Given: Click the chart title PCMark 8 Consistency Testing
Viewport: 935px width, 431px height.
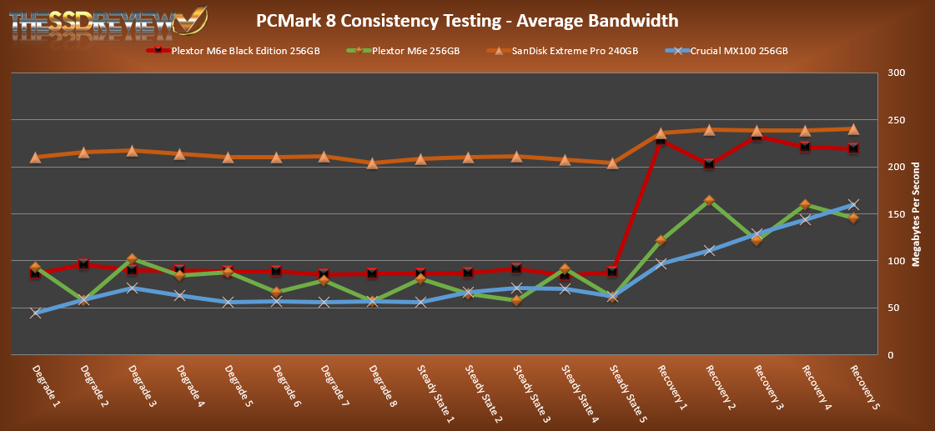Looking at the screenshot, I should (466, 20).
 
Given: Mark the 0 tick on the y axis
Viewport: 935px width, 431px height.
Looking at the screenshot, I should (892, 355).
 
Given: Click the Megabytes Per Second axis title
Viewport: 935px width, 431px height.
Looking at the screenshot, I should (917, 214).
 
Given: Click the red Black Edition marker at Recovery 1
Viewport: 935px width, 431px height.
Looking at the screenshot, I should (661, 140).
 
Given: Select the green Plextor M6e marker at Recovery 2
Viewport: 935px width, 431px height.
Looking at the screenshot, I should (709, 201).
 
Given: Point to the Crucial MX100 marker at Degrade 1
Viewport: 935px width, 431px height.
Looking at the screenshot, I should (36, 313).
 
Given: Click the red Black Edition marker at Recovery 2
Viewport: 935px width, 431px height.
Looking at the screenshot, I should (709, 164).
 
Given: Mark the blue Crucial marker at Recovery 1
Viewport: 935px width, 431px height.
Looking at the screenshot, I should (661, 264).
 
